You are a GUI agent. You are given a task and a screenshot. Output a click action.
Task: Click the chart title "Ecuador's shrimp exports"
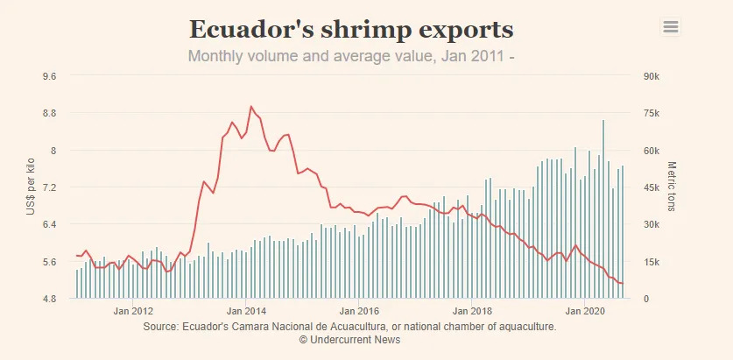point(350,29)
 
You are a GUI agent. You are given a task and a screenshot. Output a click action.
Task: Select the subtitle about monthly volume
point(350,57)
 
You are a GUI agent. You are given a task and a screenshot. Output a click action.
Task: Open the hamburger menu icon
point(671,27)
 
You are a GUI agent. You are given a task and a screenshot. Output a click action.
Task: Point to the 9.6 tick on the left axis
point(49,76)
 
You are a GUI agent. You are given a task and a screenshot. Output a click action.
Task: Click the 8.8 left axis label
point(49,113)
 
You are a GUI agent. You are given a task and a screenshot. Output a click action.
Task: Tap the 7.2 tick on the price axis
point(49,187)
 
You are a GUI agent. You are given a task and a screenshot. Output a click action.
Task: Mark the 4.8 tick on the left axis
point(49,299)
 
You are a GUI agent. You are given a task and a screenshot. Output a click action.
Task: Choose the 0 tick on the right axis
point(645,299)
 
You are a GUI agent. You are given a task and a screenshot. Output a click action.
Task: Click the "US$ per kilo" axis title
point(31,187)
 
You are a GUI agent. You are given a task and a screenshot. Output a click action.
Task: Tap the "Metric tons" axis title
point(673,187)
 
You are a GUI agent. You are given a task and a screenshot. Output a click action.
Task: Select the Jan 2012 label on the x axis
point(134,311)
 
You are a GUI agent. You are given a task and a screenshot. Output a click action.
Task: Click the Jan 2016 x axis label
point(359,311)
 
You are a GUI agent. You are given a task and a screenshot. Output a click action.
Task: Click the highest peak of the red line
point(251,107)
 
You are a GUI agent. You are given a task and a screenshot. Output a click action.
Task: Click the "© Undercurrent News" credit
point(349,339)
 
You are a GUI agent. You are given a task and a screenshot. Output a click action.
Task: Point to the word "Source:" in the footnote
point(159,327)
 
